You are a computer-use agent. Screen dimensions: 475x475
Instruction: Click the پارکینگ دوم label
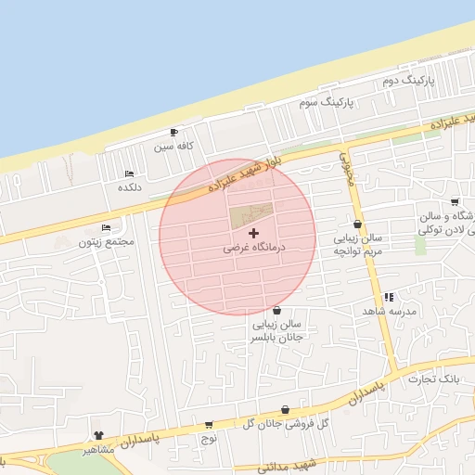(408, 82)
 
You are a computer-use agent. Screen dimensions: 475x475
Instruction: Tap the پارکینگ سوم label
(322, 101)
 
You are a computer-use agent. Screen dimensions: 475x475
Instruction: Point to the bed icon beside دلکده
(129, 173)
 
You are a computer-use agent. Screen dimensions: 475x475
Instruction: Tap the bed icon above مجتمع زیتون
(107, 227)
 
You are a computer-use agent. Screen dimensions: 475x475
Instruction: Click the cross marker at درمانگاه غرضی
(254, 233)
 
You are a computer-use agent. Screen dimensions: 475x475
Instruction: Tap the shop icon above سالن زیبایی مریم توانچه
(357, 224)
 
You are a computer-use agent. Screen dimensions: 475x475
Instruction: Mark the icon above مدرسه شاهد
(388, 297)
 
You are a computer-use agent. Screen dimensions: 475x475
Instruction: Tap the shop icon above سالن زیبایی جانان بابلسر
(277, 310)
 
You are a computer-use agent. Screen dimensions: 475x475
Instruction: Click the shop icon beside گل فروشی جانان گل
(285, 409)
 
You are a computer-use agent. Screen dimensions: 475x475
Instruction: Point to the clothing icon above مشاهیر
(98, 434)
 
